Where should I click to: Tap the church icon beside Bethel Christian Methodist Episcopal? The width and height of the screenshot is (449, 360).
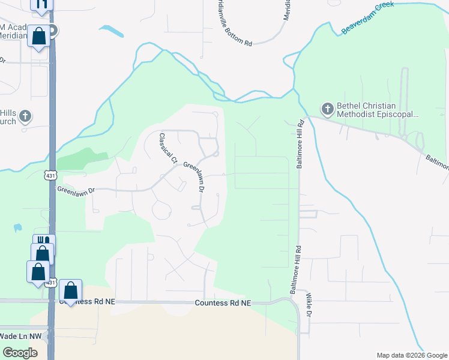(x=327, y=109)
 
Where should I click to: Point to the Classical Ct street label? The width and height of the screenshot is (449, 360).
(x=168, y=148)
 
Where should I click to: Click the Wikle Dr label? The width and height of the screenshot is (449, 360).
(x=310, y=305)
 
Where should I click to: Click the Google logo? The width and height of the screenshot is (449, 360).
(x=20, y=353)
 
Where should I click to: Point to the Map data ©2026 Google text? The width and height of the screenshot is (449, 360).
(x=411, y=355)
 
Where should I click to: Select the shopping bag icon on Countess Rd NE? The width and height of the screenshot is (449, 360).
(x=71, y=290)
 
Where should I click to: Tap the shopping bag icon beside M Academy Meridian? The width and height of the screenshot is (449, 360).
(x=39, y=36)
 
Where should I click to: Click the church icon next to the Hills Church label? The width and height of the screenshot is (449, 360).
(x=25, y=115)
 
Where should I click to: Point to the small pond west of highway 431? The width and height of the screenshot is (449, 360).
(x=17, y=228)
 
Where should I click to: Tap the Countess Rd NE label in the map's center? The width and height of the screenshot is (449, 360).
(x=223, y=304)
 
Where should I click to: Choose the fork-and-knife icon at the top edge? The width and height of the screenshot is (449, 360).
(x=42, y=5)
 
